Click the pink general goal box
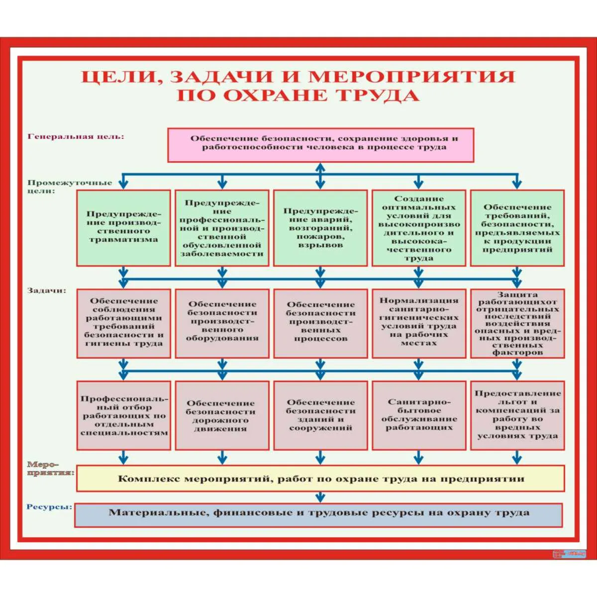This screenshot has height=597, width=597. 320,145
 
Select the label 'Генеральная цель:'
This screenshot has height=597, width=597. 76,136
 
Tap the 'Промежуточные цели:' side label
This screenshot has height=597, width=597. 70,186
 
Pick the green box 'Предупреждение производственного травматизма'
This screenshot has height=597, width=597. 123,228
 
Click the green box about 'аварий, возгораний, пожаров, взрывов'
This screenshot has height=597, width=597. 320,228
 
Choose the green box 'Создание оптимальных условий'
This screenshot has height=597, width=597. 419,228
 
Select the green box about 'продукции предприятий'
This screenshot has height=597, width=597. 517,228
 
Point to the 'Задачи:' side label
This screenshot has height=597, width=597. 47,291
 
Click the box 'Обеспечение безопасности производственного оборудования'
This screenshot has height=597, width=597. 222,323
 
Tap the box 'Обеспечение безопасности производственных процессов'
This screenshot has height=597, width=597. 320,323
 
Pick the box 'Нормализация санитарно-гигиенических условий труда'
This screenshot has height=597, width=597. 419,323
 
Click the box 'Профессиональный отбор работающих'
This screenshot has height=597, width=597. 124,416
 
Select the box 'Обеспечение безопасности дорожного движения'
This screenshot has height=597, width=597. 222,416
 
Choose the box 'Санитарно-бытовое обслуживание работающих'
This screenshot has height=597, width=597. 419,416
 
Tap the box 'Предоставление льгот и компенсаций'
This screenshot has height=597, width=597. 517,416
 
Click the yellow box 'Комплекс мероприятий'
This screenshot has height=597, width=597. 320,479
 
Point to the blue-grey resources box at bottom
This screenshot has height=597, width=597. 318,514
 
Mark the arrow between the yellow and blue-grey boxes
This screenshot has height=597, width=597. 320,497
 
